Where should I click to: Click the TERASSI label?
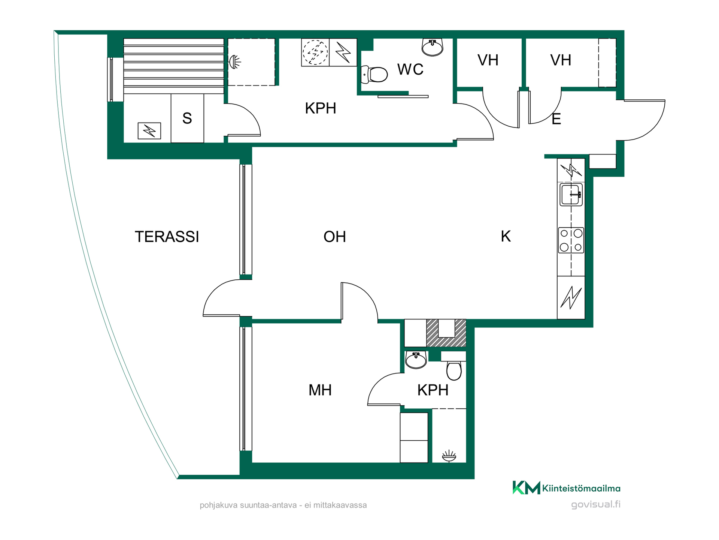[x=167, y=237]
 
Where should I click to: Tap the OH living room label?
[x=334, y=237]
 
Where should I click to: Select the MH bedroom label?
[x=320, y=390]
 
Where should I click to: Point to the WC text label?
[x=410, y=69]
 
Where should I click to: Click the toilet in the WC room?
[x=374, y=74]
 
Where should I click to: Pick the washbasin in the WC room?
[x=433, y=47]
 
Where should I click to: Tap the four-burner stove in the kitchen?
[x=571, y=240]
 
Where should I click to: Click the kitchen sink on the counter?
[x=571, y=195]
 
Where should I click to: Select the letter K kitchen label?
[x=506, y=237]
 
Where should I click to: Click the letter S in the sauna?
[x=187, y=118]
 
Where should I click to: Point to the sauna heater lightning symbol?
[x=149, y=131]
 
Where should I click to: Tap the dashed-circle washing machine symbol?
[x=315, y=52]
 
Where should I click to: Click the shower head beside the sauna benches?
[x=234, y=62]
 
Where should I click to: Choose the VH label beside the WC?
[x=488, y=60]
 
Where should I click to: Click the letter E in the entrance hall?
[x=556, y=119]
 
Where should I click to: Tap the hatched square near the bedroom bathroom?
[x=446, y=333]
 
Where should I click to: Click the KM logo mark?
[x=526, y=487]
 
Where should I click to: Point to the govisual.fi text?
[x=595, y=504]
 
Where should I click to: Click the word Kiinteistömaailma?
[x=581, y=488]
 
